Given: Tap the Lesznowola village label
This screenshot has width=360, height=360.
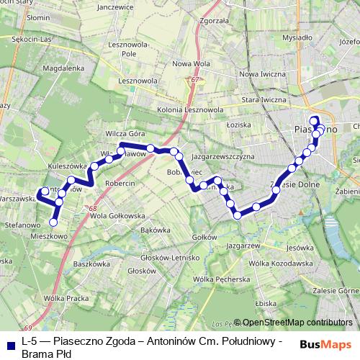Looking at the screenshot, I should [139, 81].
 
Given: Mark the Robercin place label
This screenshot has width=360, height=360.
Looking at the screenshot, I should [120, 184].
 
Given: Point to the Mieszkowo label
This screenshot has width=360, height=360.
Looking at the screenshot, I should [49, 235].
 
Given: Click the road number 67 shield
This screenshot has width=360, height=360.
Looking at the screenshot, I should [194, 79].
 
